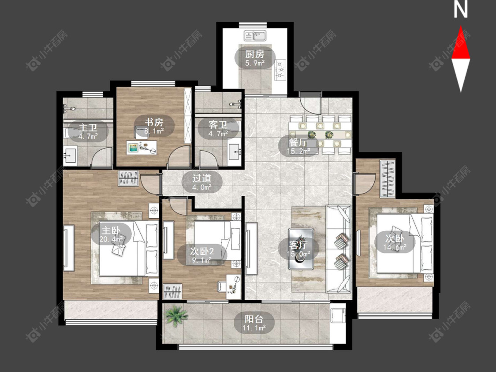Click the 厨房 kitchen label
[255, 54]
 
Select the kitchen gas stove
[280, 70]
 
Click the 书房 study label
[154, 122]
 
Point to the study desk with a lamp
[142, 147]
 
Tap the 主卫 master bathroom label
[88, 128]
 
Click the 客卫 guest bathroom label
[218, 125]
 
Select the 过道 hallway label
[202, 179]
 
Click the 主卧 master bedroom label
[111, 230]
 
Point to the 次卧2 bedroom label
[202, 252]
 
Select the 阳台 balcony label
[254, 319]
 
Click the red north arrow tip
[461, 26]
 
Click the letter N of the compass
[461, 9]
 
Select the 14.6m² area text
[395, 247]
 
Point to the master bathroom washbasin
[70, 155]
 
